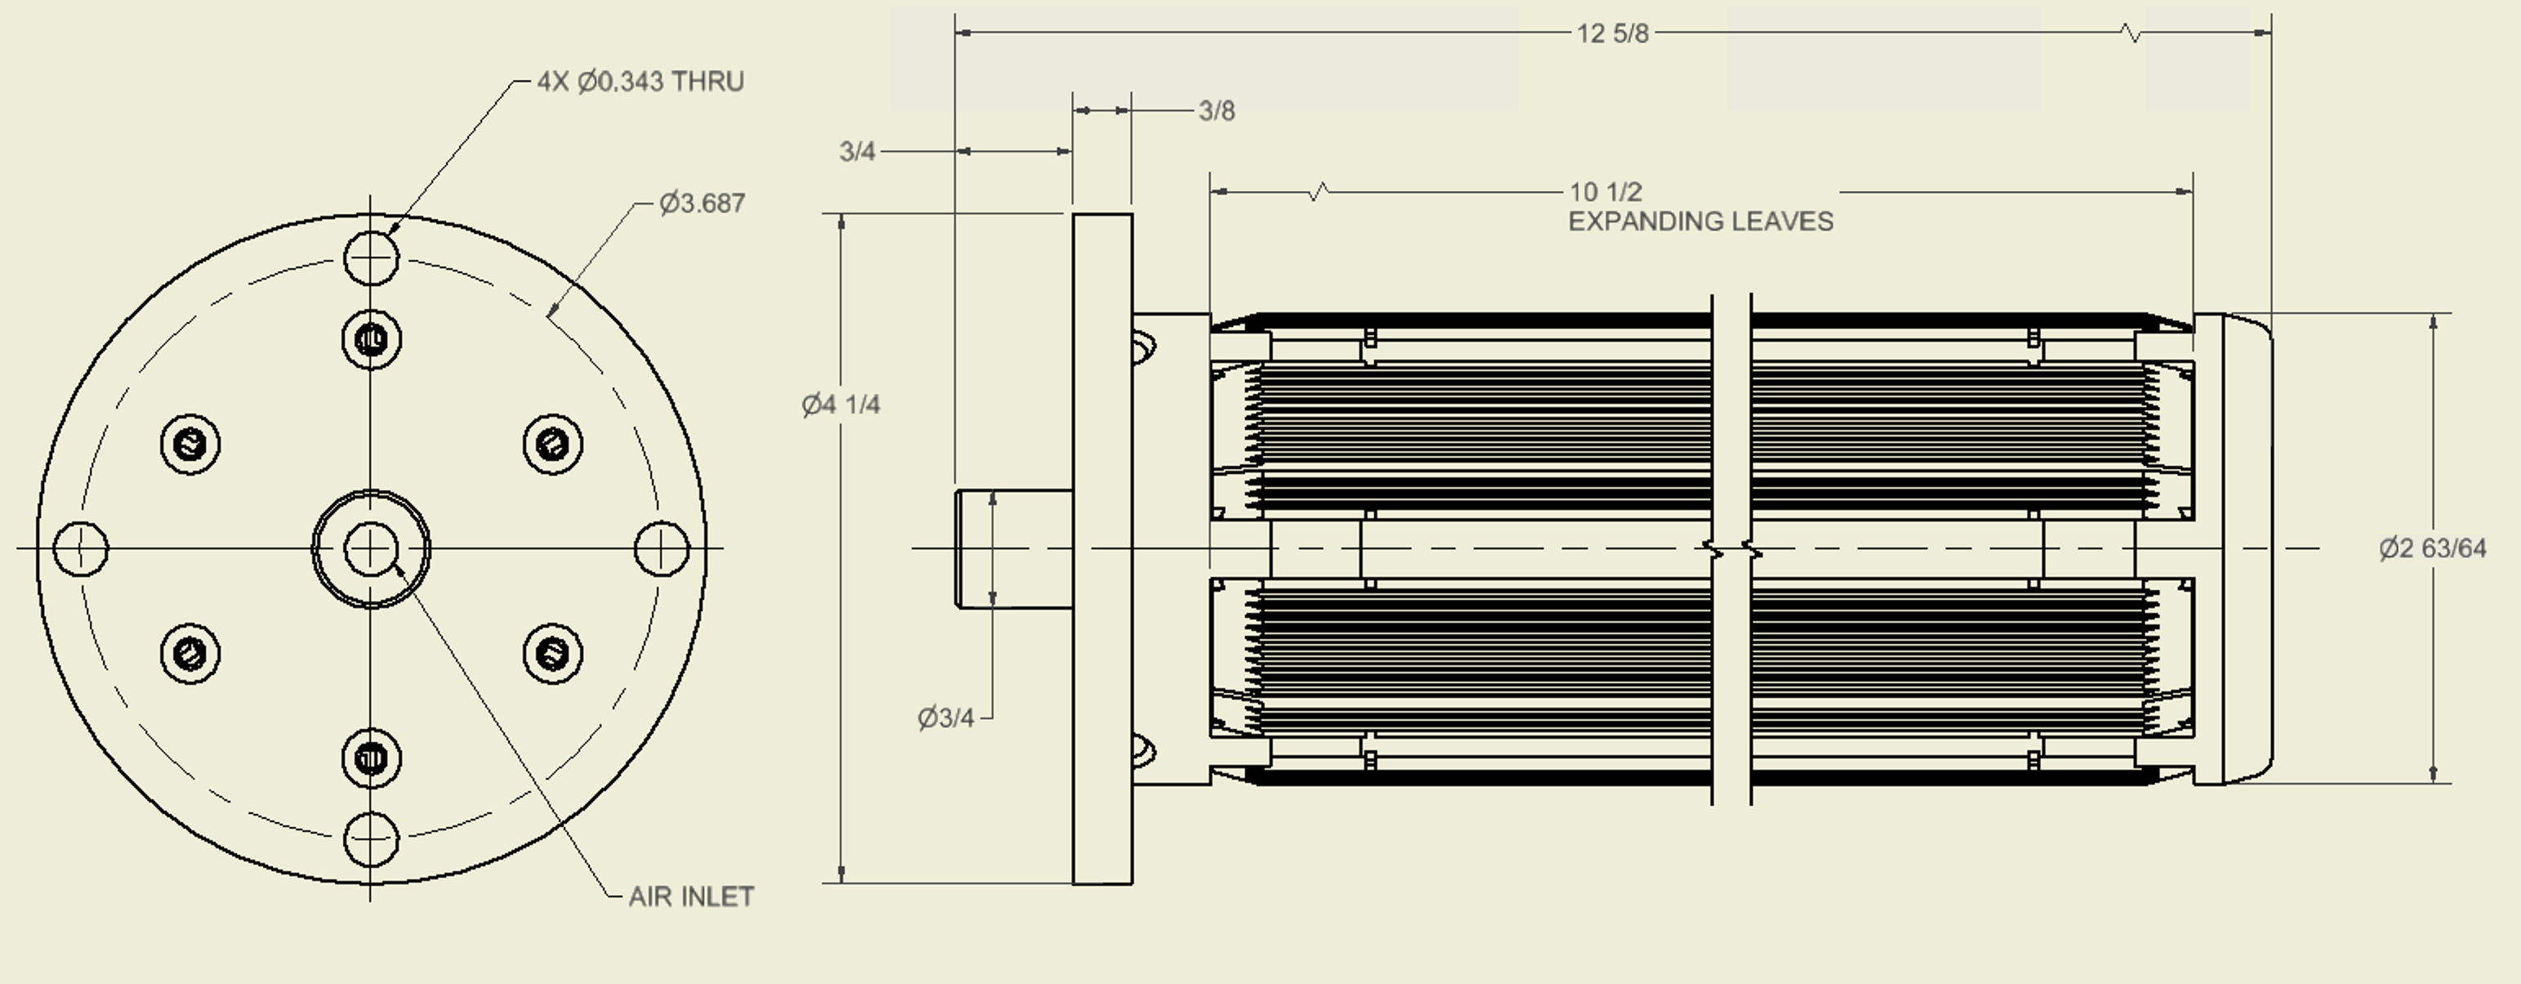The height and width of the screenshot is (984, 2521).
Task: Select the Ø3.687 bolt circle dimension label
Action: point(702,204)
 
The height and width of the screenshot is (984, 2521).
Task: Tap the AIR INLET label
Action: point(691,897)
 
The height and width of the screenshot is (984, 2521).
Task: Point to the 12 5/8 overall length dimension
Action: point(1612,34)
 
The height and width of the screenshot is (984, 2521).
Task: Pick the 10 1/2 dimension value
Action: point(1605,192)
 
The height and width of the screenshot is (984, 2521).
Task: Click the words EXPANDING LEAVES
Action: point(1701,222)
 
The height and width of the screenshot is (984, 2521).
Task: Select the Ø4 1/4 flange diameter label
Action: point(841,405)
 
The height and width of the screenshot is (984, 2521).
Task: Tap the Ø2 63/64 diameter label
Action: point(2432,548)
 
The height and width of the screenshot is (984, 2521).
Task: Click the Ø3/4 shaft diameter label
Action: point(945,718)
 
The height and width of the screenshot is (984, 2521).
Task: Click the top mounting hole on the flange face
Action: point(372,257)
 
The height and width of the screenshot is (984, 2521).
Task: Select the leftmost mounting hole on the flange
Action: point(80,548)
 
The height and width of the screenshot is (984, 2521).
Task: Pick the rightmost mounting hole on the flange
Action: point(662,548)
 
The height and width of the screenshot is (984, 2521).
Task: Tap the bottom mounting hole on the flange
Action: point(372,839)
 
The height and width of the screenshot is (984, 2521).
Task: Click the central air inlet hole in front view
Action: point(371,548)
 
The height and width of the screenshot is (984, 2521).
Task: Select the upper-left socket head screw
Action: point(190,445)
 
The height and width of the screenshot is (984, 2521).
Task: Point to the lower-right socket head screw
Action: point(553,653)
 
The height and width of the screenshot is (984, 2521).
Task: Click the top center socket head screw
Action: point(372,340)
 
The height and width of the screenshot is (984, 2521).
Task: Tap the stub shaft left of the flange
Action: point(1013,548)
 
